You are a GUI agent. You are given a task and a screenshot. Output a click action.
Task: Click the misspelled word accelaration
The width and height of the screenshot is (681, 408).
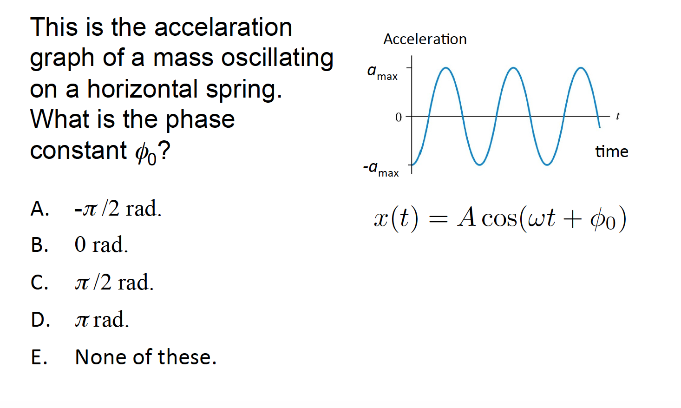click(223, 27)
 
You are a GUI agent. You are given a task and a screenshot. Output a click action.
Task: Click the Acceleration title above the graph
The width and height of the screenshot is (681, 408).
click(425, 39)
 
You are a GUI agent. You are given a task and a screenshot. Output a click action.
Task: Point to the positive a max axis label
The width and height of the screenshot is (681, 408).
click(382, 73)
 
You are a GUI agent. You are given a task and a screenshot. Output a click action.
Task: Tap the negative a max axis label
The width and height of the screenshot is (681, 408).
click(380, 169)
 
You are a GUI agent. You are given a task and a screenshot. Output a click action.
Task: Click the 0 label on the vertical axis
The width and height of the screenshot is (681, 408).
click(398, 117)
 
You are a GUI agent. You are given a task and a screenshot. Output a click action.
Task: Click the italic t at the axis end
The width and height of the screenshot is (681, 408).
click(617, 116)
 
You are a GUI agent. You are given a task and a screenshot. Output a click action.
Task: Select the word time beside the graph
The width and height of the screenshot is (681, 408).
click(611, 151)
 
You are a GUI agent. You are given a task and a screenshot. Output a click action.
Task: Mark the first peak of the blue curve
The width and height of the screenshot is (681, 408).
click(445, 67)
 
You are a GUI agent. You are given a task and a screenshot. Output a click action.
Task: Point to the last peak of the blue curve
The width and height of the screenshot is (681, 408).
click(581, 67)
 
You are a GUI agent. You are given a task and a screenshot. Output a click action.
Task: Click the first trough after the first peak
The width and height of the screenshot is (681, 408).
click(479, 165)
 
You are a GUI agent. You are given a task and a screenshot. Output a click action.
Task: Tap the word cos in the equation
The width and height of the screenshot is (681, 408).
click(499, 219)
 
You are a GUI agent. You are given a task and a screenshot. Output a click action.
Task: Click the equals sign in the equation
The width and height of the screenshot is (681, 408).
click(438, 219)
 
